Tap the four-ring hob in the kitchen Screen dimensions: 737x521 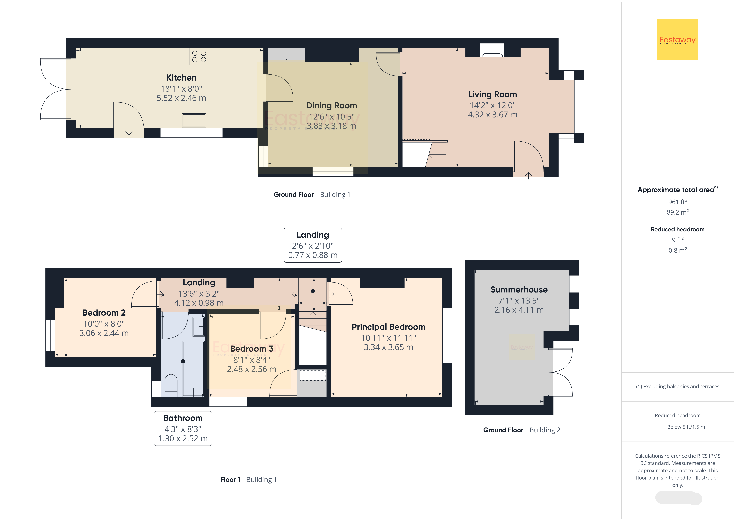coord(199,57)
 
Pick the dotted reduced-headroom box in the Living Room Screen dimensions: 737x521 coord(416,123)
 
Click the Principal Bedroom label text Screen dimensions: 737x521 coord(388,327)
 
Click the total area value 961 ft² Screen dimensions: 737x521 coord(678,202)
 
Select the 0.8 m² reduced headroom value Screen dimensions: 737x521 coord(678,250)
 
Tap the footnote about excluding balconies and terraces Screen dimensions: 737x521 coord(678,386)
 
